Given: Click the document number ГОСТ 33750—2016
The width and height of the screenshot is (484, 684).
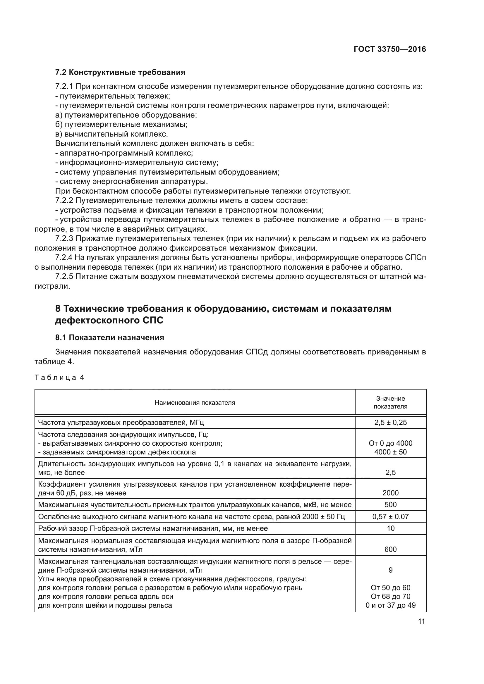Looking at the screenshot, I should coord(389,49).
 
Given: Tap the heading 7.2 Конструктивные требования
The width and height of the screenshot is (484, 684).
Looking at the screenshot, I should coord(120,73).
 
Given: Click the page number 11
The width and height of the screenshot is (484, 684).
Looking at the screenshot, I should coord(421,621).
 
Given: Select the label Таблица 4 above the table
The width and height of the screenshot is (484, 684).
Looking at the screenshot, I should coord(59,378).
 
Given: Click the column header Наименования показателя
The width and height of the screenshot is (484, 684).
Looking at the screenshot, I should coord(195,403).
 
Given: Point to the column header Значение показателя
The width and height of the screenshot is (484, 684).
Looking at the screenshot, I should coord(390,402).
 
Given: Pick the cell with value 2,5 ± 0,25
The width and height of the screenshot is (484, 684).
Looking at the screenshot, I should coord(390,423).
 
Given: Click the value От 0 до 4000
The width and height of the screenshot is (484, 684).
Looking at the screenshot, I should coord(390,443).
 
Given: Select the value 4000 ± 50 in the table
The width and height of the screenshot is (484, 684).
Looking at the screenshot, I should coord(390,452).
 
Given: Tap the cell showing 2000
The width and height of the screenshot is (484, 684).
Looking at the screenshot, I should coord(390,493).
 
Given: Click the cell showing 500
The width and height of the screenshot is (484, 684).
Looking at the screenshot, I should coord(390,504).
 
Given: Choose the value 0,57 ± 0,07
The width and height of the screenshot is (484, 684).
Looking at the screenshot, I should coord(390,516).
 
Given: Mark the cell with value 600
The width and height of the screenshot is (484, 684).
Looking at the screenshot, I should coord(390,549).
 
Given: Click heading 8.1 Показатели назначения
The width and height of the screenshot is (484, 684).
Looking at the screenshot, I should coord(109,337).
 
